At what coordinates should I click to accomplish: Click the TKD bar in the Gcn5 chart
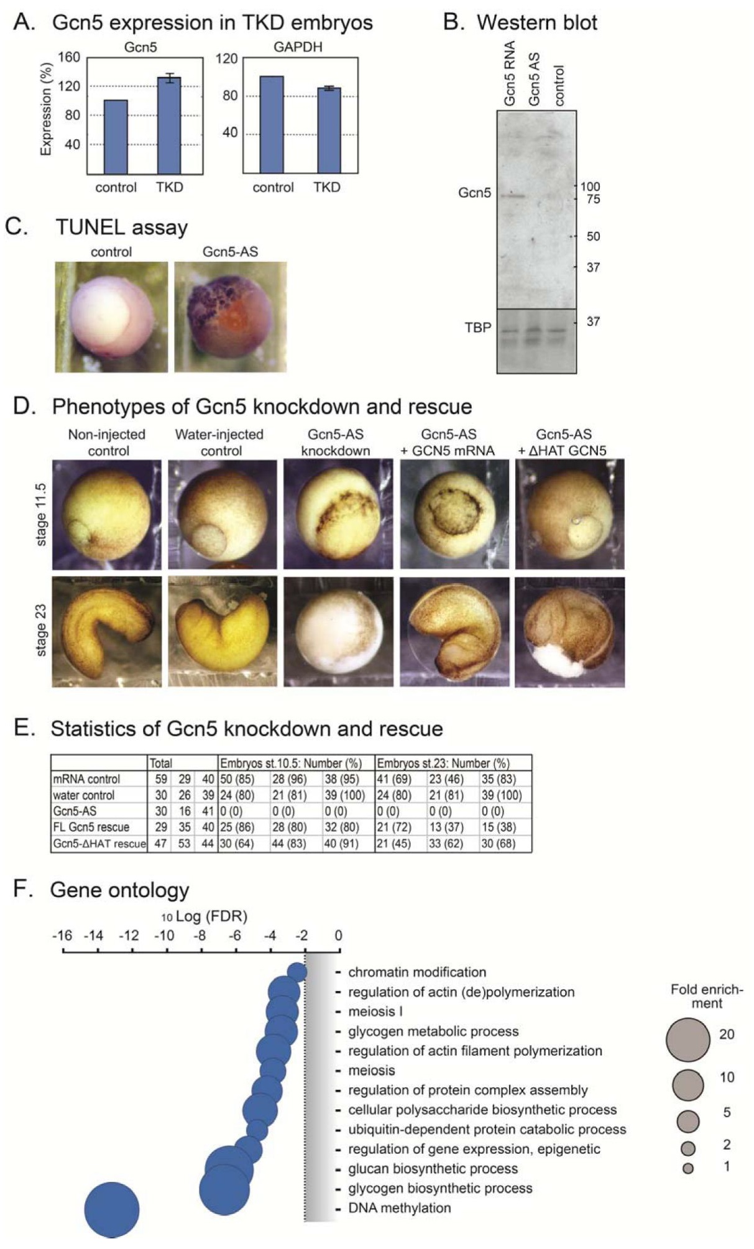(169, 126)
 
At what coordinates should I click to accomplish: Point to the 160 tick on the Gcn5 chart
(69, 58)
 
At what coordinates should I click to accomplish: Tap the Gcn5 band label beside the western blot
(474, 193)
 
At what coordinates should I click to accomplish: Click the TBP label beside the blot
(478, 328)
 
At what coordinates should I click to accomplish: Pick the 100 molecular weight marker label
(590, 187)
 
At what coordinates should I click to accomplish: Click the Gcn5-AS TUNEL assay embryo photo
(230, 316)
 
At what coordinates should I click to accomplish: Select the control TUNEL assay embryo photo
(111, 316)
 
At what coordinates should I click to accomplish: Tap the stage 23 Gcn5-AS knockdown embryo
(338, 632)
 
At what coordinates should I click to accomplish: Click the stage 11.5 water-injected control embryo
(222, 514)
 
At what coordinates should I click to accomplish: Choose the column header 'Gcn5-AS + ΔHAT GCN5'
(563, 442)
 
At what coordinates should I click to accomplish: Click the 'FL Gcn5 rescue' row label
(91, 827)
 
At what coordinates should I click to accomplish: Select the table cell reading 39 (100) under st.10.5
(344, 795)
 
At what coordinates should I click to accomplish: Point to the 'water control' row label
(83, 795)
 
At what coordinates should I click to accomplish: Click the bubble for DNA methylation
(112, 1210)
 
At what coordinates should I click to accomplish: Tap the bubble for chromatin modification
(297, 972)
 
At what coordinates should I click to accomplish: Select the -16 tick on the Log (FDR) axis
(62, 936)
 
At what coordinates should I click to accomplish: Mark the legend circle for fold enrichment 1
(687, 1168)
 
